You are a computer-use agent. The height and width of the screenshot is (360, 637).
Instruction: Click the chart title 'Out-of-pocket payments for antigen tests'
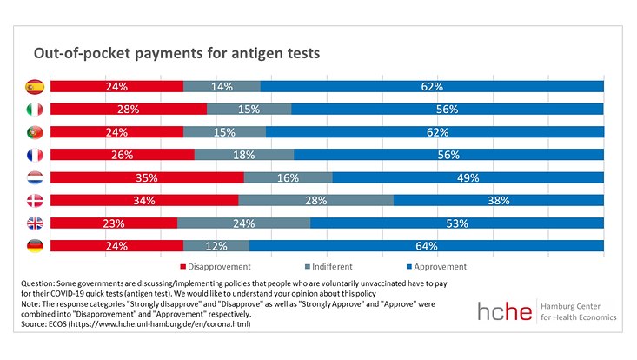[176, 53]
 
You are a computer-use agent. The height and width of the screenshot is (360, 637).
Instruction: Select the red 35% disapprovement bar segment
[147, 177]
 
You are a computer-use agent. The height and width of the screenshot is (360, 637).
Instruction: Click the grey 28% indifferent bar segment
[315, 200]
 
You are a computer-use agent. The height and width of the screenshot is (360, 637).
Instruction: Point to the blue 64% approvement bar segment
[426, 245]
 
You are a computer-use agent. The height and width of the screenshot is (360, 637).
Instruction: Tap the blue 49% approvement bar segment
[468, 177]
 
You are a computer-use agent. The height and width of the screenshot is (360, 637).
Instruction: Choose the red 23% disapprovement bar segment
[114, 223]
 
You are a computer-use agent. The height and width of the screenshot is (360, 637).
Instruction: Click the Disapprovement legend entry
[216, 267]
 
